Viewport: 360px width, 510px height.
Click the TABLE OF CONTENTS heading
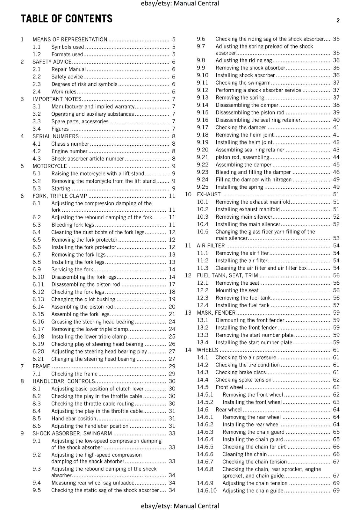67,19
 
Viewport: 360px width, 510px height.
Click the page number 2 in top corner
338,20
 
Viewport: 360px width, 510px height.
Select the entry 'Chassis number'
70,144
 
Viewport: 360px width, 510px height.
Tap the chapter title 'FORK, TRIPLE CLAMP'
60,196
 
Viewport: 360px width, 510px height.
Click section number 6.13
38,299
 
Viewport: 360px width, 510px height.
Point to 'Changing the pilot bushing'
83,299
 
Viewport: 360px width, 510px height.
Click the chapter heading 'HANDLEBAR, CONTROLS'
64,381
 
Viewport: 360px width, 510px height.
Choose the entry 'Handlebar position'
74,419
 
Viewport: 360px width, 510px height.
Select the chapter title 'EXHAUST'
209,194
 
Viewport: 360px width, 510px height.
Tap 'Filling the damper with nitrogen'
253,179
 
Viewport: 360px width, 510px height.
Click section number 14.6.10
206,491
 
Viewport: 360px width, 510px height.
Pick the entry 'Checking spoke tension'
243,380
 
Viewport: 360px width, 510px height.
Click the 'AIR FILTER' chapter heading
211,246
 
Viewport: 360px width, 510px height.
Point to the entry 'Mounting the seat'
237,290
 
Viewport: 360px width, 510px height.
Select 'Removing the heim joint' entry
244,135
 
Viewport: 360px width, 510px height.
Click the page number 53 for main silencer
336,238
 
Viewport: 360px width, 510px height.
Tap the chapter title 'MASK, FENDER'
216,313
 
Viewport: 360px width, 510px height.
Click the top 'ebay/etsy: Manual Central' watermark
180,4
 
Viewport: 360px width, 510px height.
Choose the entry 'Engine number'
69,151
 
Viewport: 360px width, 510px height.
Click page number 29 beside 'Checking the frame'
172,374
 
